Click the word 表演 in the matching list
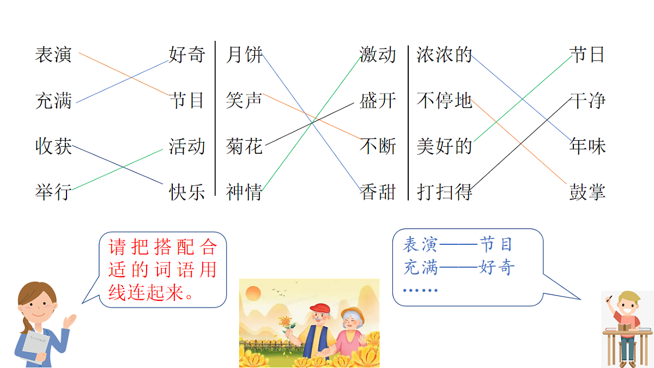[x=53, y=55]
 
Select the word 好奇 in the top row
[x=187, y=55]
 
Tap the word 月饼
[x=244, y=55]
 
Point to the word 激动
[x=378, y=55]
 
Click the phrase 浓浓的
[x=444, y=55]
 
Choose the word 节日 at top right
[x=588, y=55]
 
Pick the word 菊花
[x=244, y=146]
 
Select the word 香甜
[x=378, y=192]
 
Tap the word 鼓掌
[x=588, y=192]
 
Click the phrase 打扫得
[x=444, y=192]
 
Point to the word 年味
[x=588, y=146]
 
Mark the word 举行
[x=53, y=192]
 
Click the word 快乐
[x=187, y=192]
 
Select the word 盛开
[x=378, y=100]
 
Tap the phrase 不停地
[x=444, y=100]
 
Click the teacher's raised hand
[x=70, y=321]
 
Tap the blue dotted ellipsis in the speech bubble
[x=420, y=290]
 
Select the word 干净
[x=588, y=100]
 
